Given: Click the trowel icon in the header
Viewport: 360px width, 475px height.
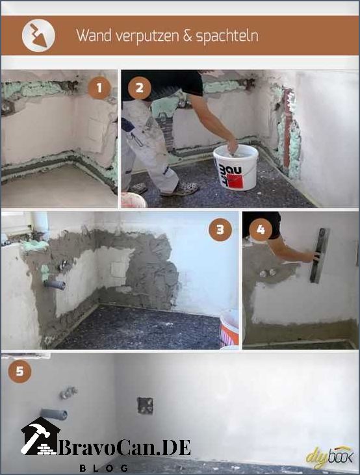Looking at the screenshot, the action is point(38,36).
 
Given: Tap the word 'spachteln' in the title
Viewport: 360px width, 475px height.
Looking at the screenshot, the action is point(227,36).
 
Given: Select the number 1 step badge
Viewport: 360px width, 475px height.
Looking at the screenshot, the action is point(99,88).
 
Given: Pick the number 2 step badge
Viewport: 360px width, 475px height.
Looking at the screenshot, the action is point(140,88).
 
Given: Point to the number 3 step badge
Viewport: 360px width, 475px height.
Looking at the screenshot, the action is point(220,229).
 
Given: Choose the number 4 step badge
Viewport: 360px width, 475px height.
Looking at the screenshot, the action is point(261,229).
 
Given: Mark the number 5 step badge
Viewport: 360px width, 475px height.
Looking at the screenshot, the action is point(19,371).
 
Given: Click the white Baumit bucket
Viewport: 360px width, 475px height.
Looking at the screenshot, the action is point(235,168).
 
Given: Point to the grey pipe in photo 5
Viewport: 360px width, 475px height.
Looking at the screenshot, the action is point(54,414).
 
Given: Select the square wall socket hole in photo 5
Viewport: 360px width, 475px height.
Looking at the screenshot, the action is point(145,405).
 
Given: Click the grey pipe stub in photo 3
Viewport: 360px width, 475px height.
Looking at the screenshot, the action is point(55,284).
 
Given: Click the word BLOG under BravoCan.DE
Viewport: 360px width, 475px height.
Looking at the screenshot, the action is point(104,468).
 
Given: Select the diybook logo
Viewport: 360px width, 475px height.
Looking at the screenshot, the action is point(329,457).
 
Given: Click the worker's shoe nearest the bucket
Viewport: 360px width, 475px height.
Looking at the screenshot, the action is point(180,189).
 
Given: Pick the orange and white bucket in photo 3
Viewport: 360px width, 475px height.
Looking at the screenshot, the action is point(229,328).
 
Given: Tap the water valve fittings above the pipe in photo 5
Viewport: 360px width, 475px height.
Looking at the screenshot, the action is point(68,392).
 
